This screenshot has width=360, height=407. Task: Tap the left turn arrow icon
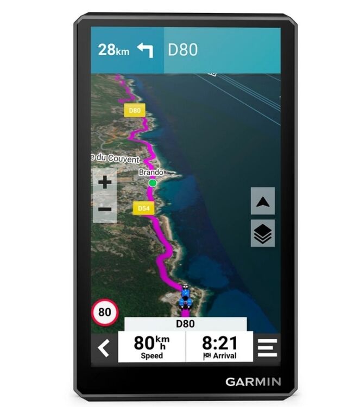(x=145, y=50)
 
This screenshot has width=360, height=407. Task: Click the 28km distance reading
(x=114, y=50)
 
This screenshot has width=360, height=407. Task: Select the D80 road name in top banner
(x=182, y=50)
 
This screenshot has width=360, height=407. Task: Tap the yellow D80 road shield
(x=134, y=111)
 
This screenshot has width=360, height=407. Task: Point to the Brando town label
(x=150, y=172)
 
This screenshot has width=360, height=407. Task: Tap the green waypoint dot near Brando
(x=153, y=183)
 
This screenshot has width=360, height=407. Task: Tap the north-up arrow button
(x=263, y=201)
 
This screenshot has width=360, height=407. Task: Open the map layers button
(x=263, y=233)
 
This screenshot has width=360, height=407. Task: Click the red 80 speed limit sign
(x=104, y=313)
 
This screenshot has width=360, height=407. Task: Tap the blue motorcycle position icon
(x=186, y=297)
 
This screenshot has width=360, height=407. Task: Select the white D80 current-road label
(x=185, y=324)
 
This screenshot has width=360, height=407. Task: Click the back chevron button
(x=104, y=347)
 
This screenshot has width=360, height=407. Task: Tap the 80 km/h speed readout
(x=151, y=346)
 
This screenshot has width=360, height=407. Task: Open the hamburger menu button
(x=267, y=347)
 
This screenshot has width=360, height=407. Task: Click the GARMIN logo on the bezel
(x=253, y=381)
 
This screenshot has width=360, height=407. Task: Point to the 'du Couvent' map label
(x=116, y=158)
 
